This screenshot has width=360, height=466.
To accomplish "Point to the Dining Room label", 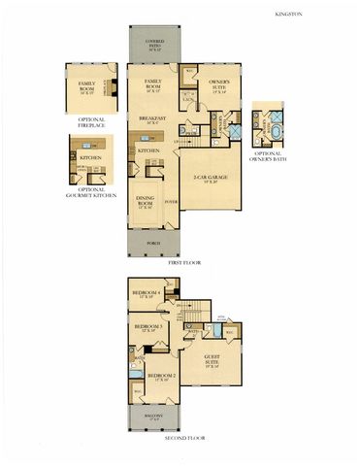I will pyautogui.click(x=146, y=205).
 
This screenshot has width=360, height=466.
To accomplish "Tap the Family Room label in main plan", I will pyautogui.click(x=152, y=83).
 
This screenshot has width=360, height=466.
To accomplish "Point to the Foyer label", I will pyautogui.click(x=171, y=202).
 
